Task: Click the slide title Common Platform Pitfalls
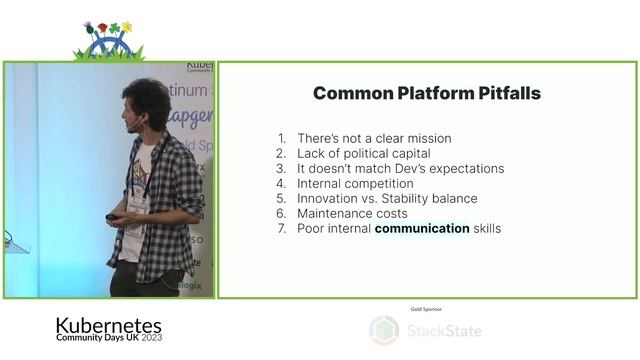pos(427,93)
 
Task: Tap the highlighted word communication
pos(422,228)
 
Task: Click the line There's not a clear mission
pos(373,138)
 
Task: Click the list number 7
pos(282,228)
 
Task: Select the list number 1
pos(282,138)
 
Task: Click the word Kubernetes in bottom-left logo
pos(108,326)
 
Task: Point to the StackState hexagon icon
pos(384,330)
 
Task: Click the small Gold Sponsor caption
pos(426,309)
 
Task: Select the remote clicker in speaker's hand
pos(116,216)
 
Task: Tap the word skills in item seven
pos(487,228)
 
